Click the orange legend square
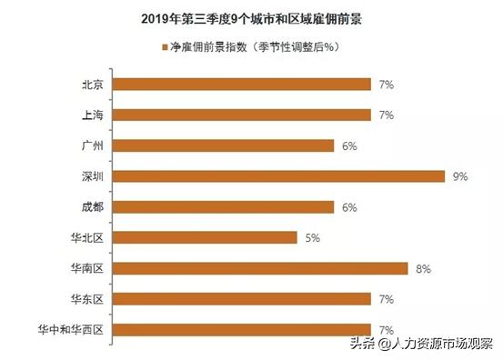click(164, 46)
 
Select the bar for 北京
click(242, 85)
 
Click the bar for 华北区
click(205, 237)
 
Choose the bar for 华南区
click(260, 268)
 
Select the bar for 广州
click(223, 145)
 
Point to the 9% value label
click(459, 176)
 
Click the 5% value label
click(312, 237)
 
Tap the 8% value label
click(422, 268)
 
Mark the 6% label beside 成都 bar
click(348, 206)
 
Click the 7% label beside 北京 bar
click(386, 85)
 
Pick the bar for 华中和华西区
click(242, 328)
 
